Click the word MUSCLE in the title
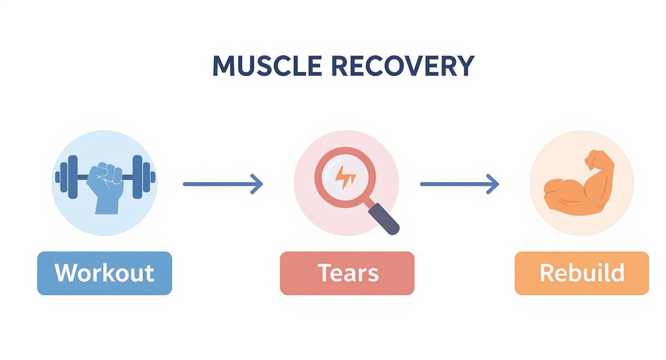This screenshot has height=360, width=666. pyautogui.click(x=266, y=66)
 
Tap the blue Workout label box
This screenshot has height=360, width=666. pyautogui.click(x=104, y=273)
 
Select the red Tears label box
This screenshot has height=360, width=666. pyautogui.click(x=347, y=273)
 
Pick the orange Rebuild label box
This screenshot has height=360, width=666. pyautogui.click(x=581, y=273)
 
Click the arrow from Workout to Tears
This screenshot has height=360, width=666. pyautogui.click(x=222, y=184)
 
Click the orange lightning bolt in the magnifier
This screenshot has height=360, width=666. pyautogui.click(x=345, y=177)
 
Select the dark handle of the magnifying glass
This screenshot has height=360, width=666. pyautogui.click(x=385, y=219)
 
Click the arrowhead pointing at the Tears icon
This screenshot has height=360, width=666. pyautogui.click(x=257, y=184)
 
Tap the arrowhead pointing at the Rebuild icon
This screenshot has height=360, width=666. pyautogui.click(x=493, y=184)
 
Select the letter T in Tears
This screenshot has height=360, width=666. pyautogui.click(x=323, y=273)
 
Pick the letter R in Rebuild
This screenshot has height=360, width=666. pyautogui.click(x=546, y=273)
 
